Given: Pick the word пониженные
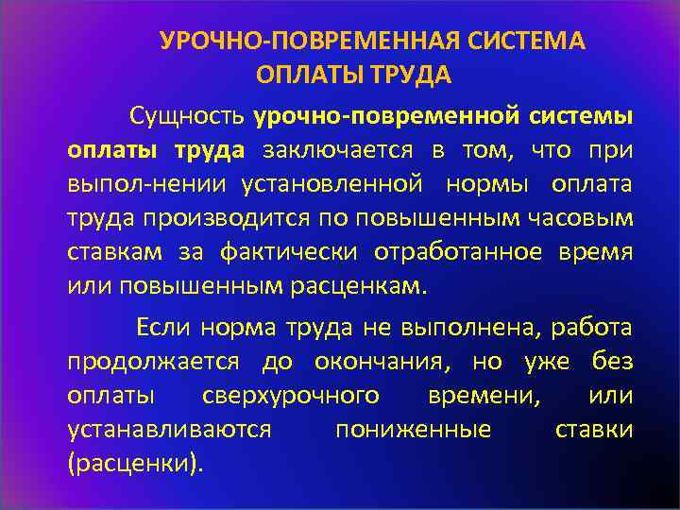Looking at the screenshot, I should click(413, 429).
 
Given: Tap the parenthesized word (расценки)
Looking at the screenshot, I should click(135, 463).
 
